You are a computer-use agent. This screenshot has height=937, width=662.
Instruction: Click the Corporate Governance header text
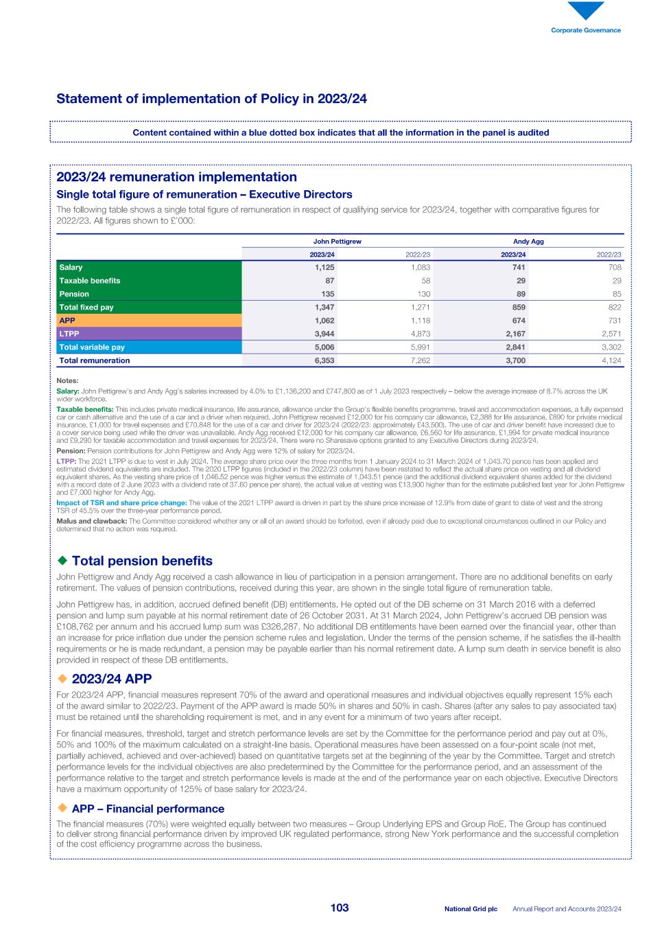coord(586,30)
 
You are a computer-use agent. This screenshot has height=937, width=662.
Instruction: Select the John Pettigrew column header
coord(337,242)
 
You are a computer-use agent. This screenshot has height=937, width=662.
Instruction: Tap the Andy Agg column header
coord(528,242)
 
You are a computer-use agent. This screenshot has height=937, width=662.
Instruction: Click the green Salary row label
coord(71,267)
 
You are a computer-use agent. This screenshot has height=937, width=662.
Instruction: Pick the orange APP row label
coord(67,320)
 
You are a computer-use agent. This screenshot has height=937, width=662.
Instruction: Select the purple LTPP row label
coord(69,334)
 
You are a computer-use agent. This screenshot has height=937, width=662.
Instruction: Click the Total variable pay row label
coord(92,347)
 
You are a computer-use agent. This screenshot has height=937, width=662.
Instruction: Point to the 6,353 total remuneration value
coord(324,360)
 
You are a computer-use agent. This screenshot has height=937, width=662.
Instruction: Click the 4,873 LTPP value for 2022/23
coord(419,334)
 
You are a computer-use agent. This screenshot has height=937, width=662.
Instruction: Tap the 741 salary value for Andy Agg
coord(519,267)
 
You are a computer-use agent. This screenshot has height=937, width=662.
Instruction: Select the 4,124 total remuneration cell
coord(611,360)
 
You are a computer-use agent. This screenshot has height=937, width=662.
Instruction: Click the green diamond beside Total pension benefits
coord(62,561)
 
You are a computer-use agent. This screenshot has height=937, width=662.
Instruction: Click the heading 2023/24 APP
coord(111,679)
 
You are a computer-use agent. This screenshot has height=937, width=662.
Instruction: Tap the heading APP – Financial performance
coord(147,809)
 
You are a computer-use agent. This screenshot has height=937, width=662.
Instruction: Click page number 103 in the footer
coord(339,908)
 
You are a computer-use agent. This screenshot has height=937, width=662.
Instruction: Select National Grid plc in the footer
coord(471,909)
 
